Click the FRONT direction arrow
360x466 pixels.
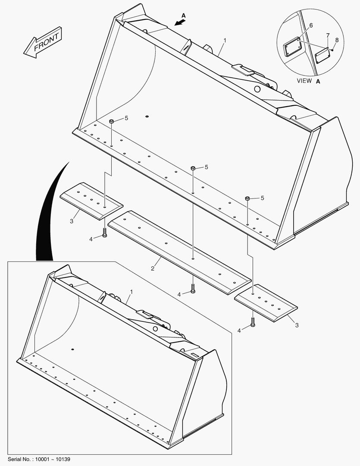(x=43, y=42)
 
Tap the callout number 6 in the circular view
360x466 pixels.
(x=311, y=25)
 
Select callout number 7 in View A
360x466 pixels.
(x=328, y=36)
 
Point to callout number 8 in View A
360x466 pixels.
(x=337, y=40)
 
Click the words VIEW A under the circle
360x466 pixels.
(x=309, y=81)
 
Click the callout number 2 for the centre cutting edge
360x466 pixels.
(x=152, y=269)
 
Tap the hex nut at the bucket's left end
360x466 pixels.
(x=112, y=121)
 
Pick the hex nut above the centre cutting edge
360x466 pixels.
(x=193, y=168)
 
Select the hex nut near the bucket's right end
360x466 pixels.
(x=247, y=198)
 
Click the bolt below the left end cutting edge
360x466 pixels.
(x=104, y=233)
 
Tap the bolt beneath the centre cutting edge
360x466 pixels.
(x=193, y=289)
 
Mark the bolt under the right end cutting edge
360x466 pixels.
(x=253, y=322)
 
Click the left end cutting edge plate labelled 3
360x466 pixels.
(x=91, y=201)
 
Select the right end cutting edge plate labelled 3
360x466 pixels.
(x=266, y=303)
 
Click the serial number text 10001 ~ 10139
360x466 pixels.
(x=53, y=460)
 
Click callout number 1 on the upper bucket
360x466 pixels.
(x=225, y=41)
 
